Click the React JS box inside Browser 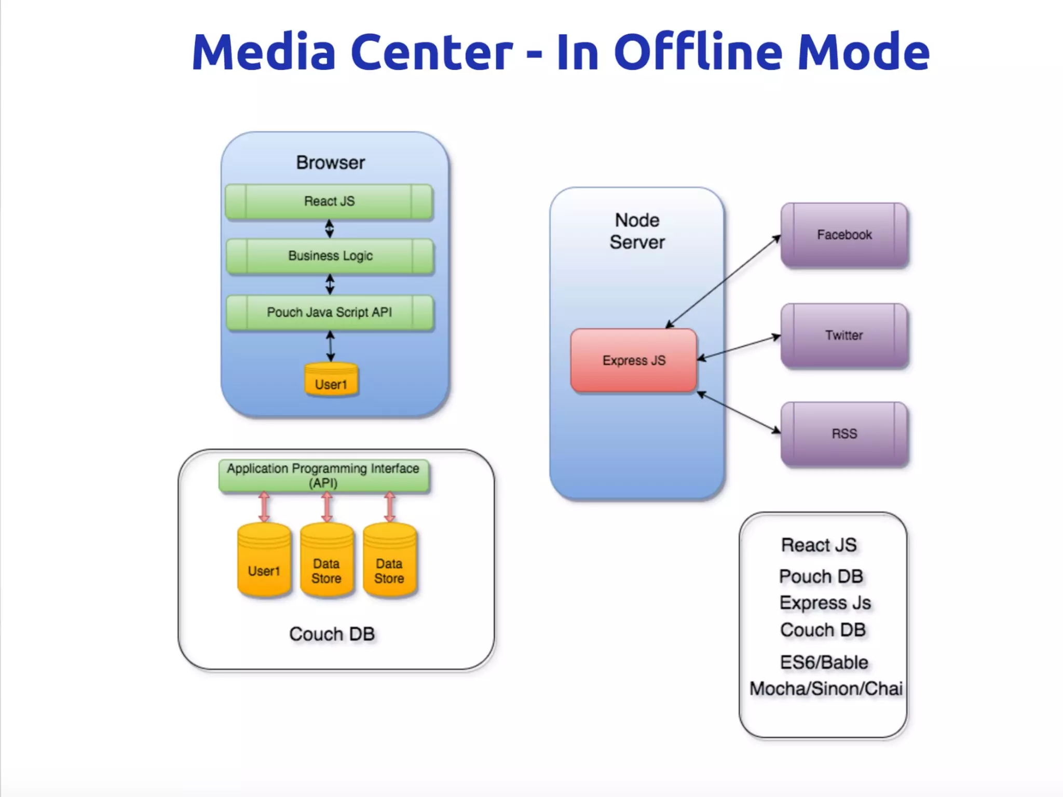(329, 201)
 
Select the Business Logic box (330, 256)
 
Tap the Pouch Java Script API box (330, 313)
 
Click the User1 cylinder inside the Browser (331, 381)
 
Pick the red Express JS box (634, 360)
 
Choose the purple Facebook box (844, 235)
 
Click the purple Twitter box (844, 335)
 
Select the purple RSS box (844, 434)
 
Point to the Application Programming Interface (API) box (323, 475)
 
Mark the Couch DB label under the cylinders (332, 634)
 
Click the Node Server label (637, 231)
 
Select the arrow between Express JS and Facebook (724, 281)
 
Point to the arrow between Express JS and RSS (739, 413)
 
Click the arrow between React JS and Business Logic (330, 228)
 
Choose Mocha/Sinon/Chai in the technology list (826, 688)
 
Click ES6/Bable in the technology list (824, 662)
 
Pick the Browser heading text (331, 163)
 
